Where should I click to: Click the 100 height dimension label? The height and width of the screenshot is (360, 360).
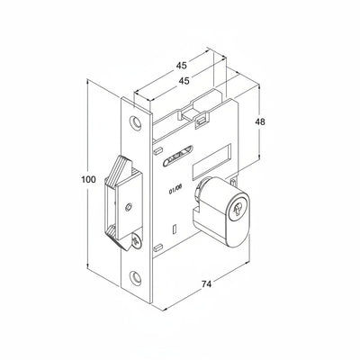(x=89, y=180)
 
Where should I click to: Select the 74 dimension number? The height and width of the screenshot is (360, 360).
(x=206, y=283)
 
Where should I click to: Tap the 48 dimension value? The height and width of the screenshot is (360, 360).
(x=260, y=121)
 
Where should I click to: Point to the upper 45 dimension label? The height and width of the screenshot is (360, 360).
(x=181, y=65)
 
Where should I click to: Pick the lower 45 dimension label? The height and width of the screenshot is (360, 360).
(x=184, y=81)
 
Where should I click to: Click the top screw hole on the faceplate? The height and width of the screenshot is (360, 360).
(x=136, y=122)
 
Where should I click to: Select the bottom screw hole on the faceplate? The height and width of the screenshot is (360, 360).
(x=136, y=276)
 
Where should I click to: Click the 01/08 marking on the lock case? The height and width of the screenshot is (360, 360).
(x=175, y=190)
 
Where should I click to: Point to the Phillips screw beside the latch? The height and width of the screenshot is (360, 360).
(x=137, y=240)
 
